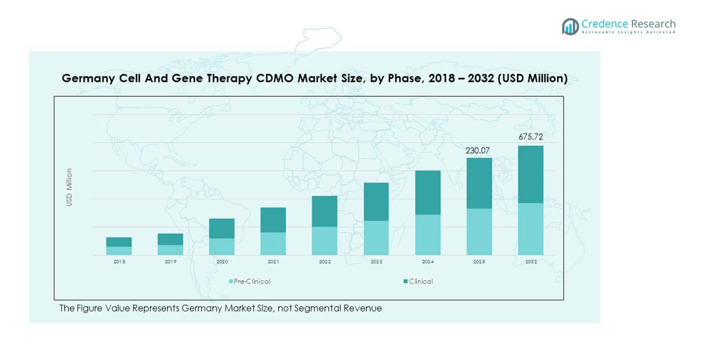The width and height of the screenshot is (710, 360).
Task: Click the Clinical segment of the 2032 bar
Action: tap(531, 174)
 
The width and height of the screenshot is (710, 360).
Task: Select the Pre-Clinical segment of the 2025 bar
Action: tap(479, 231)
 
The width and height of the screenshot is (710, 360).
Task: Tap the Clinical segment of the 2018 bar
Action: tap(119, 242)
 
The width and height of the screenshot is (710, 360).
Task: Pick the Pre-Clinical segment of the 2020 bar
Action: tap(222, 246)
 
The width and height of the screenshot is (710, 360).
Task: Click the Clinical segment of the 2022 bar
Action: tap(325, 211)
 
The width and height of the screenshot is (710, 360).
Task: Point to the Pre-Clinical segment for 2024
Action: tap(428, 234)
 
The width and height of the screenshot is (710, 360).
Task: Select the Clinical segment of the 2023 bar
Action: tap(376, 201)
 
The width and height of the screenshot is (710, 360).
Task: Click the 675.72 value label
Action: tap(531, 137)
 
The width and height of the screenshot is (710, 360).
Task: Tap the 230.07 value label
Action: tap(478, 150)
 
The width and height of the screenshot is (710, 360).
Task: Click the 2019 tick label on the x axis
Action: tap(170, 262)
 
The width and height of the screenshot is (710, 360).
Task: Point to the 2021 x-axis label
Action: tap(273, 262)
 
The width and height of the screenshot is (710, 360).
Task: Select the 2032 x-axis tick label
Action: tap(531, 262)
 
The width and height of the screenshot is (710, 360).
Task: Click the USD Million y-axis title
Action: tap(69, 188)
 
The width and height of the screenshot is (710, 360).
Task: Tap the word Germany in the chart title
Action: tap(87, 78)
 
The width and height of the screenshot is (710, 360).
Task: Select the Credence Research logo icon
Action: tap(570, 26)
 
